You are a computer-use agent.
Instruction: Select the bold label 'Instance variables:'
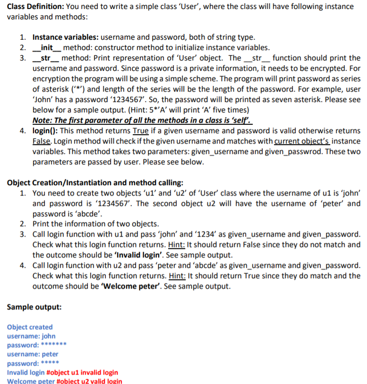click(66, 37)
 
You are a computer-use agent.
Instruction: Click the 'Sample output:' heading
click(34, 307)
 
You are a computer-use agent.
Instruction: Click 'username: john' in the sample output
click(31, 336)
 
